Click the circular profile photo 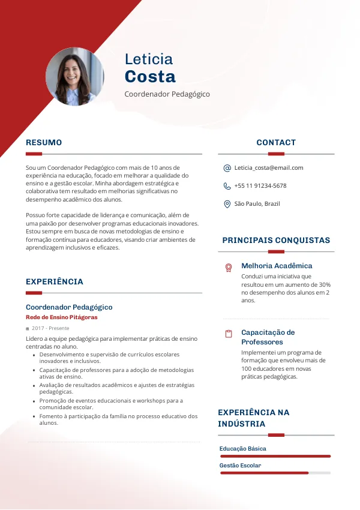pos(74,77)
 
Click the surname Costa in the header pos(150,77)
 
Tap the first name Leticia pos(149,59)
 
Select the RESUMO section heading pos(44,143)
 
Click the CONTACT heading pos(276,143)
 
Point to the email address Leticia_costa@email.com pos(269,168)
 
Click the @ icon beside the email pos(227,168)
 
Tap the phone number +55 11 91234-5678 pos(260,186)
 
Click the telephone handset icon pos(227,186)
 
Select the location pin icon pos(227,204)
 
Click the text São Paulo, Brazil pos(257,204)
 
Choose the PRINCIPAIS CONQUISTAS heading pos(276,241)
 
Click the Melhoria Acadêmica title pos(277,266)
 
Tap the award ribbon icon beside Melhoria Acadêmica pos(229,268)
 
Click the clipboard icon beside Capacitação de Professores pos(229,334)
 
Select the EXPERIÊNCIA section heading pos(55,282)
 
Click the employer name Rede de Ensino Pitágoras pos(61,317)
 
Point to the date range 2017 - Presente pos(50,329)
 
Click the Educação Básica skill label pos(243,449)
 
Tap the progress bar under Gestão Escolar pos(275,473)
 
